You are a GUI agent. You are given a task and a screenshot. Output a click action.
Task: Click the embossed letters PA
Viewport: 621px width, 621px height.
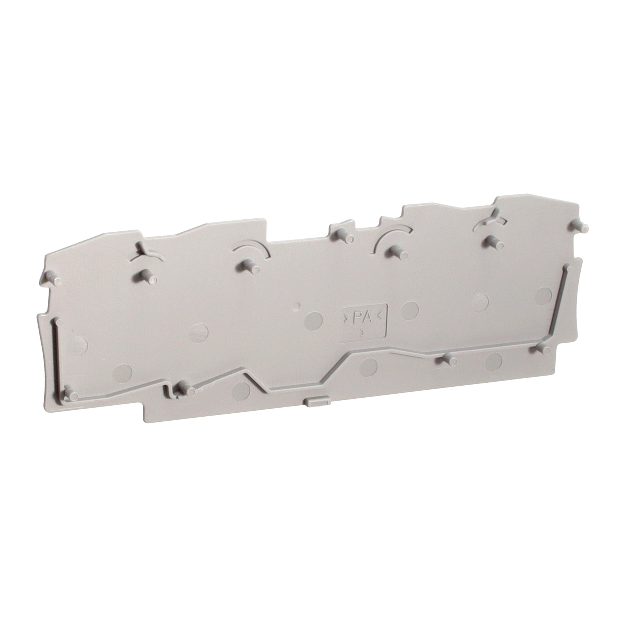click(x=362, y=319)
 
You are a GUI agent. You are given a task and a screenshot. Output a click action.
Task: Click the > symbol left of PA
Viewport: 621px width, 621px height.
click(x=345, y=319)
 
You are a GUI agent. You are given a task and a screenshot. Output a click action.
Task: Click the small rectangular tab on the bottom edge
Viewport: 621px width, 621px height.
click(x=316, y=401)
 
